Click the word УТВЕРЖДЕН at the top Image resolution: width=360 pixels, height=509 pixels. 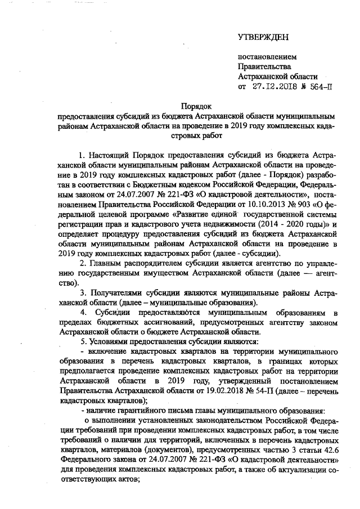pyautogui.click(x=263, y=38)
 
